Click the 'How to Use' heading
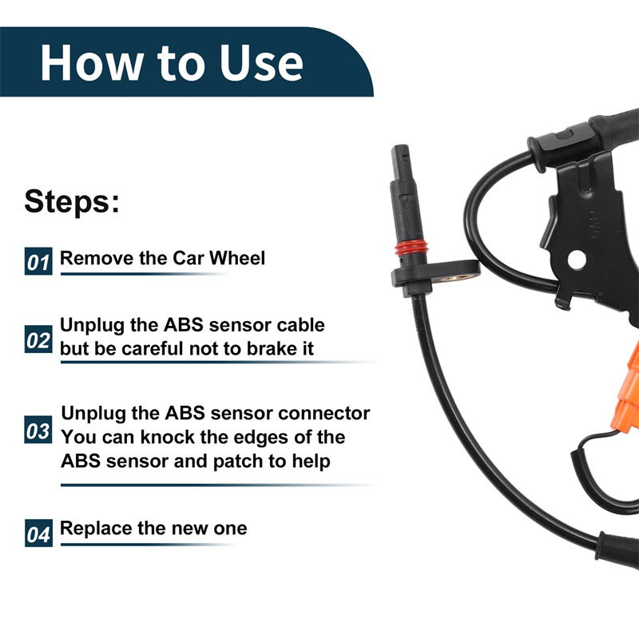pyautogui.click(x=172, y=63)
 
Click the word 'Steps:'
pyautogui.click(x=72, y=201)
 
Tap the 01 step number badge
pyautogui.click(x=38, y=261)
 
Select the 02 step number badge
pyautogui.click(x=38, y=339)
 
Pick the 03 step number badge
pyautogui.click(x=38, y=430)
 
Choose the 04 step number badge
pyautogui.click(x=38, y=533)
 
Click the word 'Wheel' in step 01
pyautogui.click(x=237, y=258)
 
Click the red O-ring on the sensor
pyautogui.click(x=411, y=247)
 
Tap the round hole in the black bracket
pyautogui.click(x=577, y=260)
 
